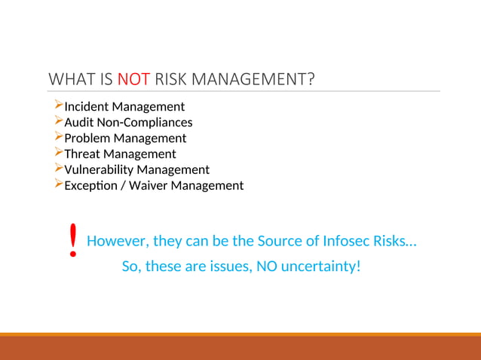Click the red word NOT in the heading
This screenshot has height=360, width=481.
click(134, 78)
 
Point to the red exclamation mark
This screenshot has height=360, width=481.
click(72, 241)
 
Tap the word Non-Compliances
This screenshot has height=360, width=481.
click(144, 123)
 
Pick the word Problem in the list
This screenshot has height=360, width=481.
click(87, 139)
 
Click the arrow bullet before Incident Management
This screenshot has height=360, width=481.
click(59, 106)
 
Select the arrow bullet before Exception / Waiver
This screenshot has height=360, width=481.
click(59, 185)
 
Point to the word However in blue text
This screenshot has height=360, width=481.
click(118, 242)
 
